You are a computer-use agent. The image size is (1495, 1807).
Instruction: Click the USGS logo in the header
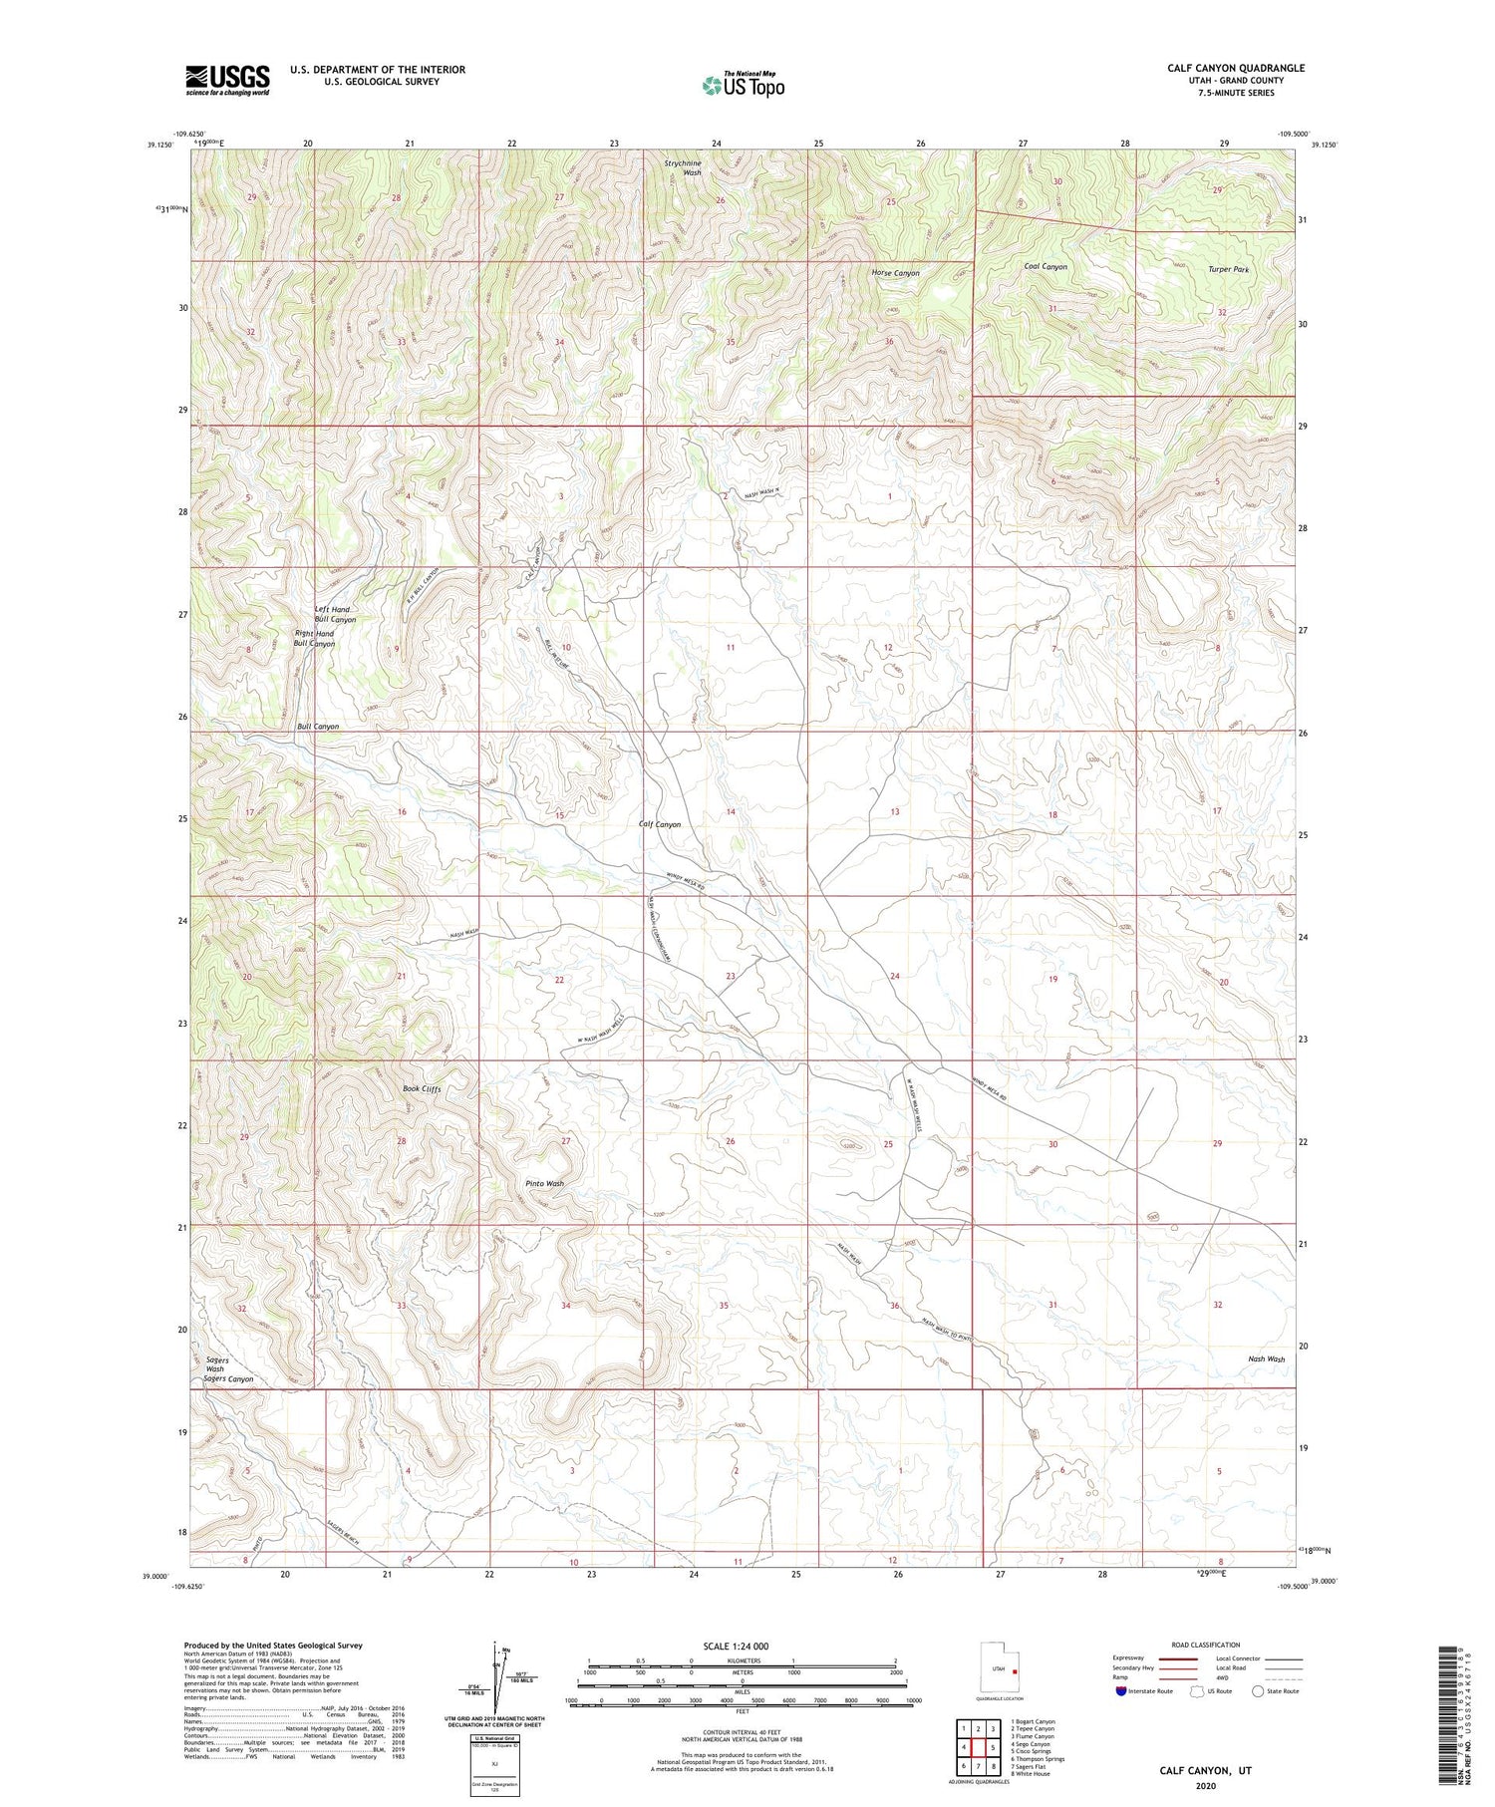click(227, 80)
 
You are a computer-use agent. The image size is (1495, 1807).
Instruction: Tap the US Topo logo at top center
click(743, 85)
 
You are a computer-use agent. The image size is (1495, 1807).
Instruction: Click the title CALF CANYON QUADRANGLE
click(1236, 69)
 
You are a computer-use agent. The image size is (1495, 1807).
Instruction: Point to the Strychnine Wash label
click(685, 167)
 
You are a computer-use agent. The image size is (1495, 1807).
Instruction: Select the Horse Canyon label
click(895, 273)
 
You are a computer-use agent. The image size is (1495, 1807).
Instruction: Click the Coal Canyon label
click(1046, 267)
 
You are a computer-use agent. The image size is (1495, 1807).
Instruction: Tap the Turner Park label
click(1228, 270)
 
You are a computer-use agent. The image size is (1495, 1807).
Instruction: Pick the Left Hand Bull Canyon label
click(334, 614)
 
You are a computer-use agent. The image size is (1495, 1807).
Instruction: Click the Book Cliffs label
click(422, 1089)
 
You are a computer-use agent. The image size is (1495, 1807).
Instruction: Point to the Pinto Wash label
click(544, 1184)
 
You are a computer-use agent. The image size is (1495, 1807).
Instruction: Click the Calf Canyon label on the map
click(660, 824)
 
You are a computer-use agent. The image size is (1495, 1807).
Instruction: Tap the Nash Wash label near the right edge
click(1266, 1358)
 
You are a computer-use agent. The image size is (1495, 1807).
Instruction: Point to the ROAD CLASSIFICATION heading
click(1205, 1645)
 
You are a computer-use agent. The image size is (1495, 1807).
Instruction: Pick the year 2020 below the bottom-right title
click(1205, 1786)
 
